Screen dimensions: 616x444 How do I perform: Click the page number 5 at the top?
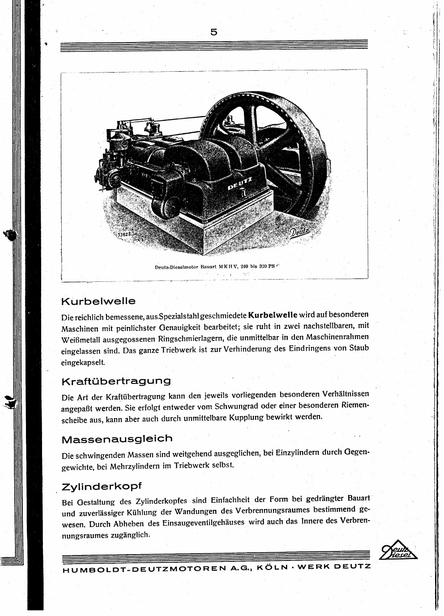coord(213,32)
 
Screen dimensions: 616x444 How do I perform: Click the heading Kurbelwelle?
coord(98,301)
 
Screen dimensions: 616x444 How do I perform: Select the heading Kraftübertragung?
coord(116,381)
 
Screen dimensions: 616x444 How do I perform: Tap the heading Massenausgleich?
coord(116,439)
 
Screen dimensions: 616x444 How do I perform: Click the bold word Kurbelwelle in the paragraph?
coord(273,314)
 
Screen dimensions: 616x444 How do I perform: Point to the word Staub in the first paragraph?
coord(359,348)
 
